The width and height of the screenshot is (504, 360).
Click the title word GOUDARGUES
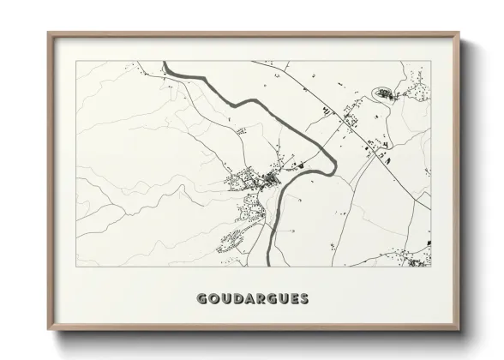pos(252,299)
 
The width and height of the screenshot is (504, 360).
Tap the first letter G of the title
pos(201,299)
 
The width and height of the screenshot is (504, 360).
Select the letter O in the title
pos(213,299)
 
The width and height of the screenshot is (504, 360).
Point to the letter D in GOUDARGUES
pos(237,299)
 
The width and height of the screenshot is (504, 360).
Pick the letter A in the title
pos(249,299)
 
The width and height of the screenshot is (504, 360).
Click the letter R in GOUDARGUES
pos(261,299)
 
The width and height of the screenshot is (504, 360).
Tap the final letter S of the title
pos(304,299)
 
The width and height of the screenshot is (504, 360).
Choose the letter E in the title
pos(294,299)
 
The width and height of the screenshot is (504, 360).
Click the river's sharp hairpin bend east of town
pos(336,156)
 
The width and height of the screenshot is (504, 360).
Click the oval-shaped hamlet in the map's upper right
pos(383,92)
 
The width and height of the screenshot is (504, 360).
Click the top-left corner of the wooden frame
pos(48,33)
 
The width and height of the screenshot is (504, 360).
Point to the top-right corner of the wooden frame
pos(459,33)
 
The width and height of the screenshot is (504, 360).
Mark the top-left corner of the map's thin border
pos(76,62)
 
